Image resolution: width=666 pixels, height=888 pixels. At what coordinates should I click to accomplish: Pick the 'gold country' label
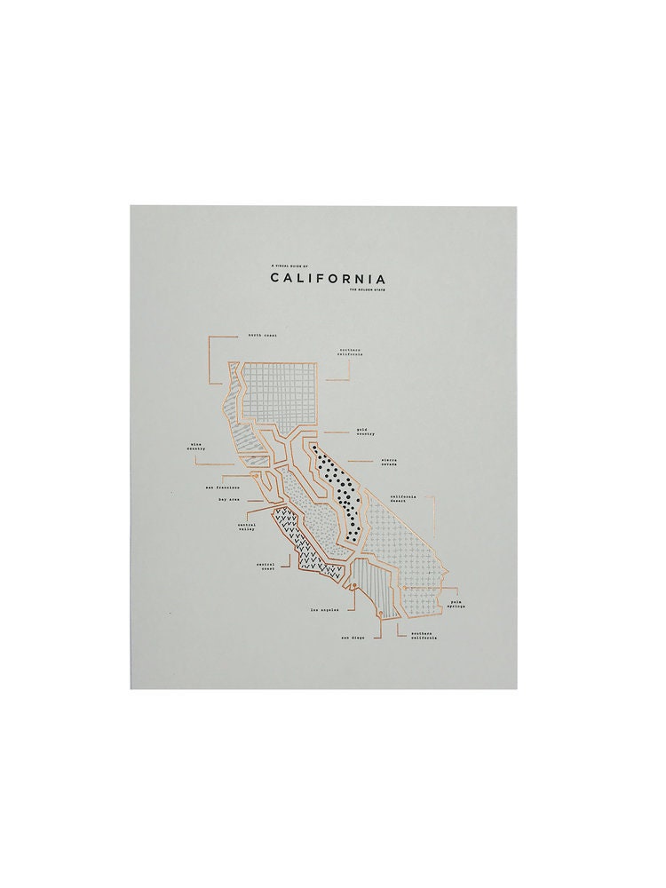point(365,432)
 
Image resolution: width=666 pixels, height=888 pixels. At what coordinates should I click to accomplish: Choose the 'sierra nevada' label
point(392,463)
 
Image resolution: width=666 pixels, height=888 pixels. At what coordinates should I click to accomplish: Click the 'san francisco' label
point(223,487)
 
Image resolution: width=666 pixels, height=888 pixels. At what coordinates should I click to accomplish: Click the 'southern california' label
point(421,635)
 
